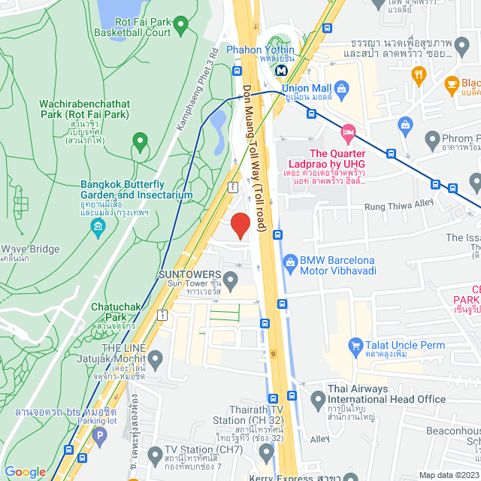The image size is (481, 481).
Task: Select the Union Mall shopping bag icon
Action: pos(342,89)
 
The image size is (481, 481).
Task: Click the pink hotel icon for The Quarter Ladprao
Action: pos(347,133)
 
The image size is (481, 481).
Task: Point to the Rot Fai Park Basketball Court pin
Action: pos(180,26)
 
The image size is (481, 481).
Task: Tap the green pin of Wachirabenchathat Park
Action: pos(139,140)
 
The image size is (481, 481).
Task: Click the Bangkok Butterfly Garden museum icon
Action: pos(97,225)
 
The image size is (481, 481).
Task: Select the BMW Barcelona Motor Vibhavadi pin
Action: pos(289,261)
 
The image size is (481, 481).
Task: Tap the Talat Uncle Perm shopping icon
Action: pos(356,345)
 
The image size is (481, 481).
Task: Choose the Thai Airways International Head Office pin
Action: pos(316,397)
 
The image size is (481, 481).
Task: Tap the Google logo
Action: pos(25,471)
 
